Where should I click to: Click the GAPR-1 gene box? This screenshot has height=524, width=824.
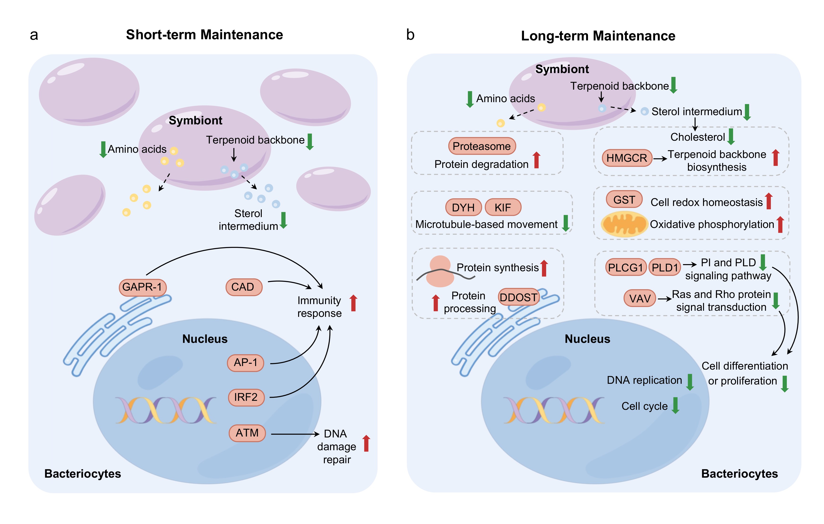point(142,287)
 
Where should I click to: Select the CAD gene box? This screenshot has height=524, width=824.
point(243,287)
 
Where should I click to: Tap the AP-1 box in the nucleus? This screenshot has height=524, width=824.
point(245,362)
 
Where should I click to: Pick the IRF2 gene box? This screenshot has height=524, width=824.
point(246,397)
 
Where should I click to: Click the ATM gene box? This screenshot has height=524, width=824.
point(247,433)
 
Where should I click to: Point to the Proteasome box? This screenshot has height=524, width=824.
point(481,146)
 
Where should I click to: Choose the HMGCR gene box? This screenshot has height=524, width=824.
point(627,158)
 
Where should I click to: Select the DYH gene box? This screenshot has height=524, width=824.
point(463,208)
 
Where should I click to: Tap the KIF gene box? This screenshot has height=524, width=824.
point(503,208)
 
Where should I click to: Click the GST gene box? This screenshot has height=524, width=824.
point(624,199)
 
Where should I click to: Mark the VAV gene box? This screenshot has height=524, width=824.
point(639,298)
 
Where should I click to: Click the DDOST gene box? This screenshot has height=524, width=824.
point(518,297)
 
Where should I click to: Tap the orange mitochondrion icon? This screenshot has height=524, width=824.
point(624,224)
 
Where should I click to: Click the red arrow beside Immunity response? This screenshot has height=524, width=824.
point(353,303)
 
